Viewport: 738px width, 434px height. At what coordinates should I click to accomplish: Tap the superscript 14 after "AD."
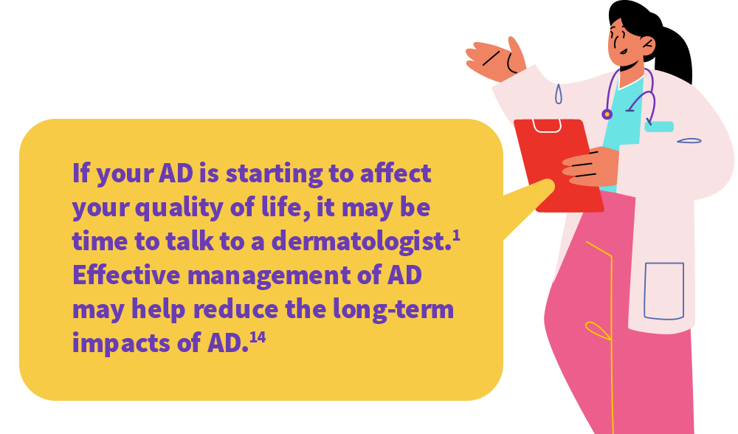(258, 337)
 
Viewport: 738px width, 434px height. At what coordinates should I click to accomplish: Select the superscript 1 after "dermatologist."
(456, 236)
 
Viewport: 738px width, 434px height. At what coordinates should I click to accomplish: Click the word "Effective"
(126, 275)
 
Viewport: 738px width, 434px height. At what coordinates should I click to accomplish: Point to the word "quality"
(179, 208)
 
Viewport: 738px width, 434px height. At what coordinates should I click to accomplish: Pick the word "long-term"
(393, 309)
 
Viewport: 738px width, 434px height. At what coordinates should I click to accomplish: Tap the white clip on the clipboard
(546, 125)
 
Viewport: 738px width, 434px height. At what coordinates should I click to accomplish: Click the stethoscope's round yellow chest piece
(607, 114)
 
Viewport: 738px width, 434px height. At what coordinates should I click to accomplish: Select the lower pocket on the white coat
(663, 291)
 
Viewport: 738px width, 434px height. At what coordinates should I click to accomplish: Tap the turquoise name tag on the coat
(659, 127)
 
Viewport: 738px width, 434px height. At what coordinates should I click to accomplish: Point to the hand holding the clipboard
(590, 167)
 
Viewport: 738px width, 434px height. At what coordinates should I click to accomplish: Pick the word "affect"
(396, 173)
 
